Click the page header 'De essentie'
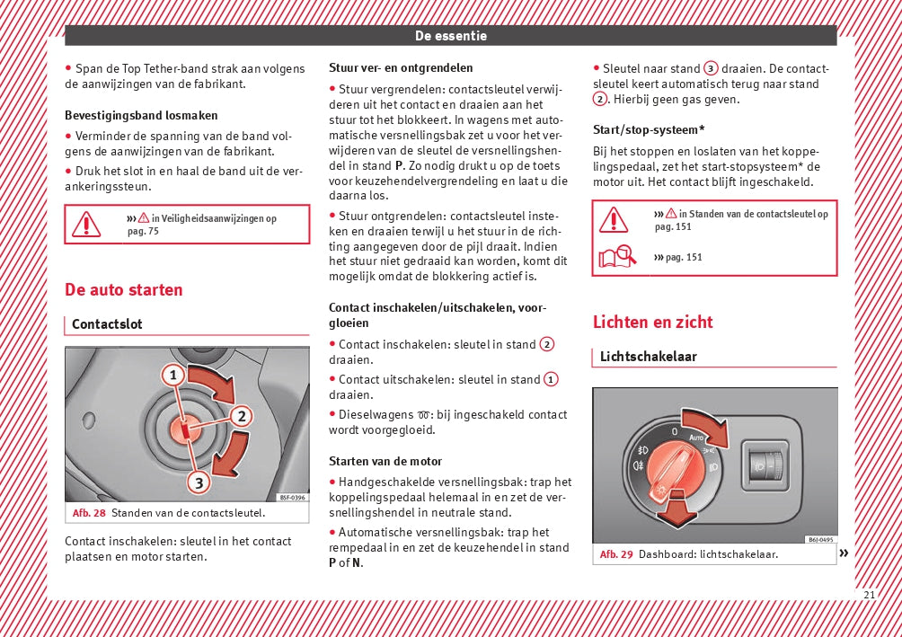pos(451,36)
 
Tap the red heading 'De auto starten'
pos(123,290)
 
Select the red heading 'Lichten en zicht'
pos(652,323)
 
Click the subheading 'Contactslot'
pos(107,324)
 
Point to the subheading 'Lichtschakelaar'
pos(649,357)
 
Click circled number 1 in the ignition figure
pos(172,375)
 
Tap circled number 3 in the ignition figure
pos(198,482)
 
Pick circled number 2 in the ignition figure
pos(241,415)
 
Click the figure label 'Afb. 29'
pos(616,554)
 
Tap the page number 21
pos(869,595)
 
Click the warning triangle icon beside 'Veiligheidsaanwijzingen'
pos(86,224)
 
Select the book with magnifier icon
pos(616,258)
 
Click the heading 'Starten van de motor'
pos(385,462)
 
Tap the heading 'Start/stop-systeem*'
pos(649,129)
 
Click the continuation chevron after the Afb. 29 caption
pos(844,553)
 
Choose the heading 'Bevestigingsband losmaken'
pos(141,116)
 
